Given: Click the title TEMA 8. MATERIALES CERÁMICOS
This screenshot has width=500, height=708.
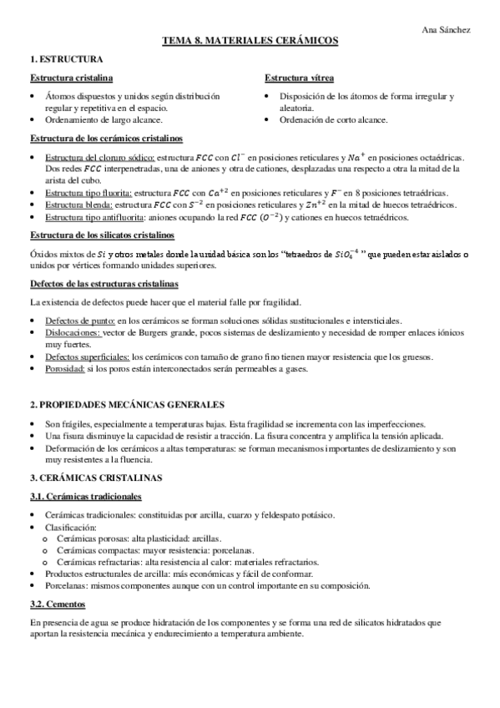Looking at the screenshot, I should tap(250, 42).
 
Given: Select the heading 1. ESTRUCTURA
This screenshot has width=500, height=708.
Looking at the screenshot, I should tap(67, 60).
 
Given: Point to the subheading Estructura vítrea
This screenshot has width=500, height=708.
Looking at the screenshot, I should tap(300, 78).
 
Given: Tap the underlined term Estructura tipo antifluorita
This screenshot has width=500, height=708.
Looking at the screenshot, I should tap(92, 217).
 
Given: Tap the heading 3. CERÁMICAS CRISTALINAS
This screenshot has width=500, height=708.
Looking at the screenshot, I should tap(90, 478).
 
